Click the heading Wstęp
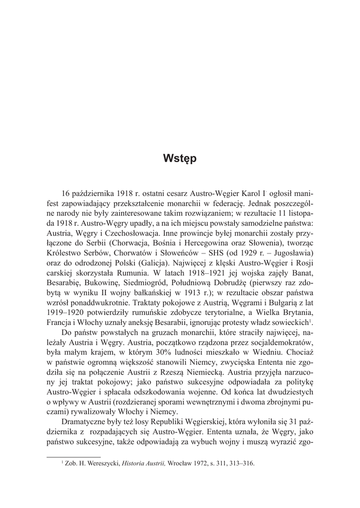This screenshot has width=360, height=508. [x=180, y=159]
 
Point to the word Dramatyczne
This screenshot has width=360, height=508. [x=86, y=421]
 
